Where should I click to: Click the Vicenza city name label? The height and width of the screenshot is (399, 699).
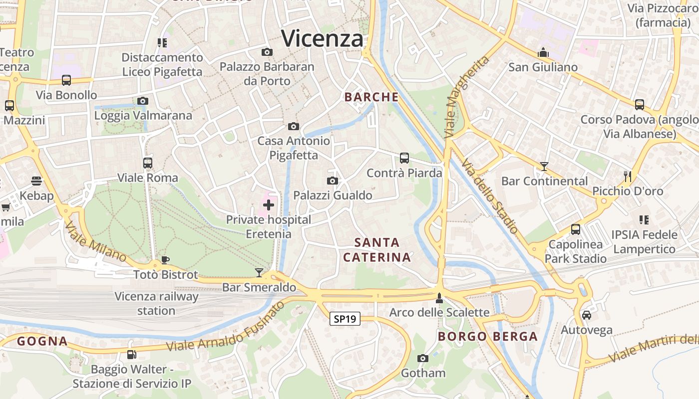pos(322,38)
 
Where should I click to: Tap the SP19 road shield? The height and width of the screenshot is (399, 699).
pos(345,319)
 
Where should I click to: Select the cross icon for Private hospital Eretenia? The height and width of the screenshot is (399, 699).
pos(269,204)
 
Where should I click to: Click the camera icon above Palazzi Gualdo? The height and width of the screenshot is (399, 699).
pos(333,181)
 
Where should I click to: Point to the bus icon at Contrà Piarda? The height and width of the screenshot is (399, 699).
pos(404,158)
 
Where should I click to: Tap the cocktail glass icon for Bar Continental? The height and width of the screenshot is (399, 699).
pos(544,166)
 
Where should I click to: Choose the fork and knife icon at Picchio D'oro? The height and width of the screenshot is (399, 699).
pos(628,176)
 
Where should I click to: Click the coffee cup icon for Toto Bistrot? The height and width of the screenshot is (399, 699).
pos(165,260)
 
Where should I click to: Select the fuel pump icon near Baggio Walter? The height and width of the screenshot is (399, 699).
pos(132,355)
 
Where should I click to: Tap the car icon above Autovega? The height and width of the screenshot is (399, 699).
pos(587,315)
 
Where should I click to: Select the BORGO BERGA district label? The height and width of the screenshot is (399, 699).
pos(487,336)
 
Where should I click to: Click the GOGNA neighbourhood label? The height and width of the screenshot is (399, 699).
pos(42,341)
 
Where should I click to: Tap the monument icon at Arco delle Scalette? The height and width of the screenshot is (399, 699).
pos(439,298)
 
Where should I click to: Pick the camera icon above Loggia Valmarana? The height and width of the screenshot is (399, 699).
pos(143,101)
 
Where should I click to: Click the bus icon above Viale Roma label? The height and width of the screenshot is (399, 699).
pos(147,163)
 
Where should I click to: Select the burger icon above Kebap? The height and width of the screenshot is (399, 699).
pos(36,181)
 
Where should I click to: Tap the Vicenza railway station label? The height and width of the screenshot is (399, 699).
pos(156,303)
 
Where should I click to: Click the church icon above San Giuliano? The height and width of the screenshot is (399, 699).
pos(543,52)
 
